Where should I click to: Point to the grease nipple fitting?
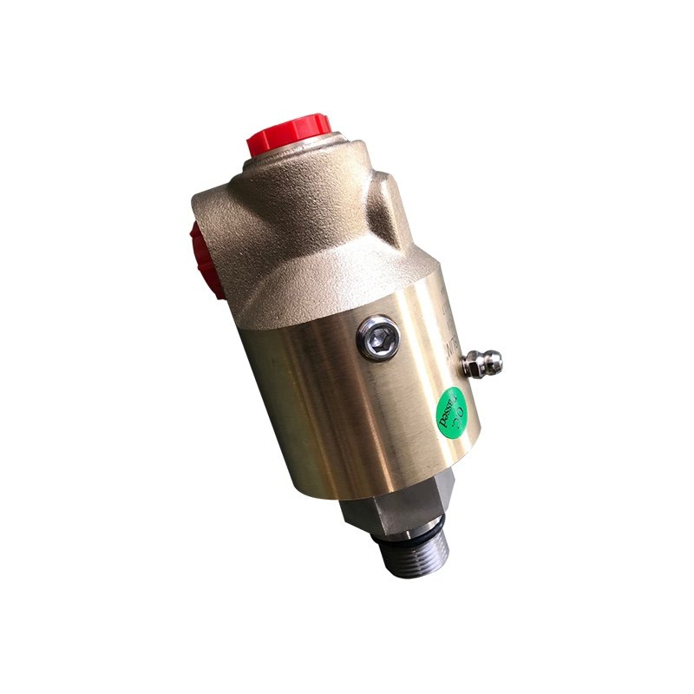tap(482, 362)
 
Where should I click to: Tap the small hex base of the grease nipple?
tap(470, 367)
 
